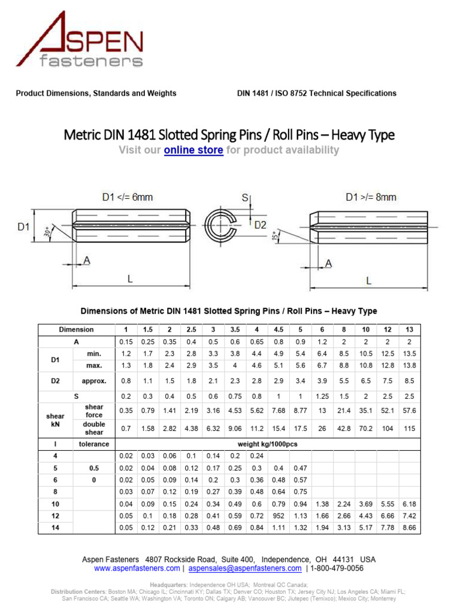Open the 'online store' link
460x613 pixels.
click(x=193, y=150)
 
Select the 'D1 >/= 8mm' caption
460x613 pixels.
click(x=371, y=197)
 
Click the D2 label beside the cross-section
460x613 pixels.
click(x=261, y=225)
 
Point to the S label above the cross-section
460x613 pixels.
click(x=244, y=197)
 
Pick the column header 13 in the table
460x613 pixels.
click(x=409, y=330)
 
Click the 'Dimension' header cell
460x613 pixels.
click(x=76, y=330)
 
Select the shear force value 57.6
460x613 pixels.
click(x=409, y=411)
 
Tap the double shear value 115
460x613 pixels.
click(x=409, y=429)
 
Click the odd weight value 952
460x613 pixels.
click(x=279, y=516)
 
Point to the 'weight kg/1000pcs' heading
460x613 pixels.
click(x=267, y=444)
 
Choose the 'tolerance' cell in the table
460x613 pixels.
click(x=94, y=444)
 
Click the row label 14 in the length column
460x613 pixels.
click(x=56, y=527)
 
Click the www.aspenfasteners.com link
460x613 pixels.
click(x=137, y=568)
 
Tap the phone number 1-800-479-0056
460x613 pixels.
click(x=337, y=568)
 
